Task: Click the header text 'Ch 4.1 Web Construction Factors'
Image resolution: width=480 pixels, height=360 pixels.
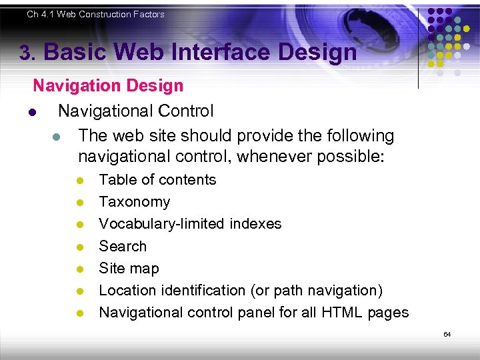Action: tap(95, 14)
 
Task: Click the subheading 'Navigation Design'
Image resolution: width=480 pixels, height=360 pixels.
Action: tap(108, 85)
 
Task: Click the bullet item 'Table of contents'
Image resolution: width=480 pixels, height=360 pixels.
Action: tap(157, 180)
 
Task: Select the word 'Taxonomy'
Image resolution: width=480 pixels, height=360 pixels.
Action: tap(134, 202)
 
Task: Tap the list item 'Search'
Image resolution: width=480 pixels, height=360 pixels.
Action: tap(123, 246)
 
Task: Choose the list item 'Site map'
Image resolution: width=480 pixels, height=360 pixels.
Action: tap(129, 268)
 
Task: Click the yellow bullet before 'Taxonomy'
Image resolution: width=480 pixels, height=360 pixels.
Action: tap(79, 203)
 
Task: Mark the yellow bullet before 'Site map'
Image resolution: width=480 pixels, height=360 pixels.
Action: tap(79, 269)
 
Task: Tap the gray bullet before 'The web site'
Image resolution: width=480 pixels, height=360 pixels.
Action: tap(56, 137)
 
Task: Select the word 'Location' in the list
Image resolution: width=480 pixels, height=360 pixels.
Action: tap(129, 291)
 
